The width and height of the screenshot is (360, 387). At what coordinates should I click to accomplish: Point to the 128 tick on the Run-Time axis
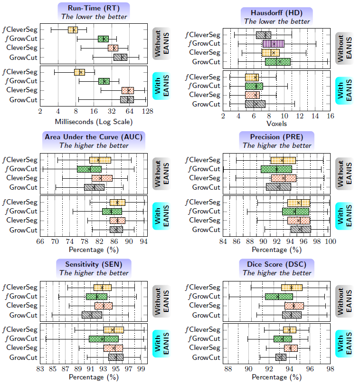147,112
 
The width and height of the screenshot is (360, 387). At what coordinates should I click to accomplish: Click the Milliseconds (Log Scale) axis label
94,121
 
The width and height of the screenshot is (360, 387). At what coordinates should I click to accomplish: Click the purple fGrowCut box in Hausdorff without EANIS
273,44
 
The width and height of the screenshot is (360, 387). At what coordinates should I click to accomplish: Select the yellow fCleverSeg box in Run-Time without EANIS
73,30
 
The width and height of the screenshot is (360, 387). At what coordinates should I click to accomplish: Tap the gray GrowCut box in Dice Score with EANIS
281,357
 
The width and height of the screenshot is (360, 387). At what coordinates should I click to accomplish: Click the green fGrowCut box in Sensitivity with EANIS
104,339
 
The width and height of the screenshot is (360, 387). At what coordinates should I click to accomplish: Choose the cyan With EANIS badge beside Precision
343,216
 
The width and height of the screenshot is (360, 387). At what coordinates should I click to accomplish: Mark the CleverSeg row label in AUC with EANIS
22,220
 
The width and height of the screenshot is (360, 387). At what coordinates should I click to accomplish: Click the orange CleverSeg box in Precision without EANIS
284,178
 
